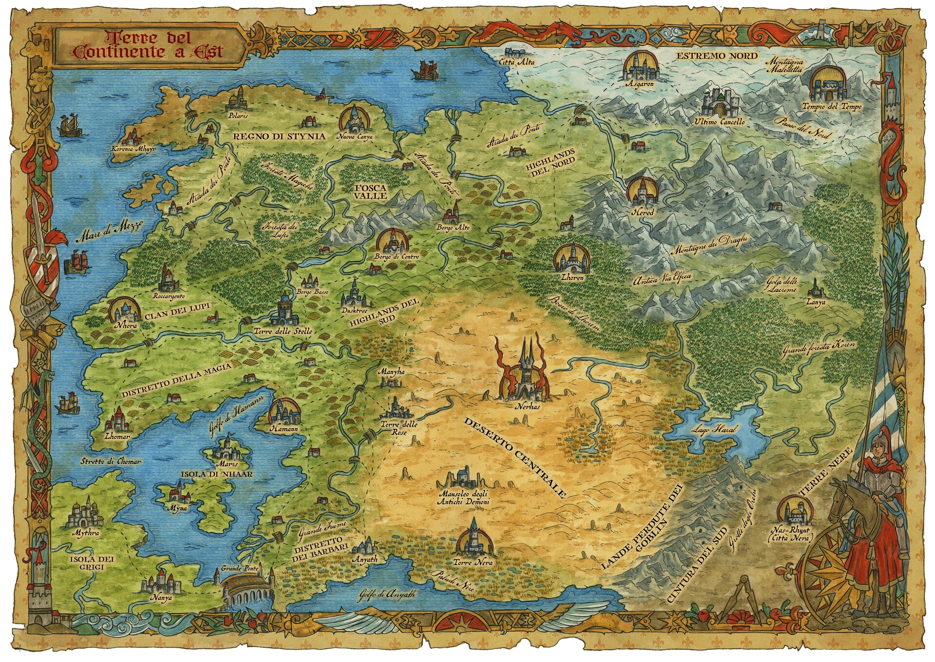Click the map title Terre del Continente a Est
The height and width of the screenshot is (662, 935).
click(x=148, y=45)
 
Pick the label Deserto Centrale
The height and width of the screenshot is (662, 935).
click(x=515, y=457)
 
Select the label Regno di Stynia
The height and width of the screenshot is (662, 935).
click(x=279, y=136)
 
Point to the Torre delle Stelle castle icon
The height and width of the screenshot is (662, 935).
click(x=284, y=311)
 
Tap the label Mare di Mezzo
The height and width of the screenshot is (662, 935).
click(x=110, y=233)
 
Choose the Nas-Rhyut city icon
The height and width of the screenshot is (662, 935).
click(x=795, y=512)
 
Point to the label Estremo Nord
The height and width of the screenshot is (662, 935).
click(x=717, y=56)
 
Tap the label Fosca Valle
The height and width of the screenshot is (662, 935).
click(x=371, y=192)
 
